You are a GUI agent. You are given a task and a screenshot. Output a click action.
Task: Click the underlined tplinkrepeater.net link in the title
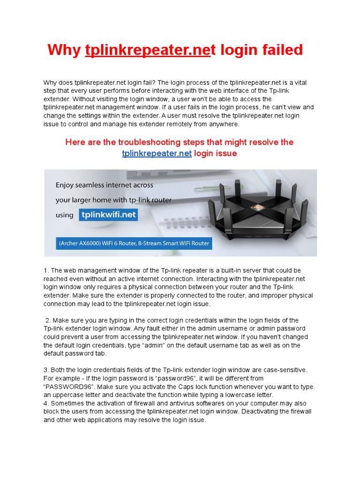tap(147, 50)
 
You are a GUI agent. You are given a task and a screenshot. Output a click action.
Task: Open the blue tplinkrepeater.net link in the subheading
tap(157, 153)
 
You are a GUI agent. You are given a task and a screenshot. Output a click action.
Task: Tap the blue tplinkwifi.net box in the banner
tap(108, 215)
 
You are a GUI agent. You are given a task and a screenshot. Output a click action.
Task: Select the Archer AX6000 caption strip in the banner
tap(134, 244)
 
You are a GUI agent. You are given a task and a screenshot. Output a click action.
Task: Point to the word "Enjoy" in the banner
tap(67, 185)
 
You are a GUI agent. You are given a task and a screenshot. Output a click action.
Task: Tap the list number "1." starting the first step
tap(46, 270)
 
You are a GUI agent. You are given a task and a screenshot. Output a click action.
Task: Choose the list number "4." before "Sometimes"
tap(46, 404)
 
